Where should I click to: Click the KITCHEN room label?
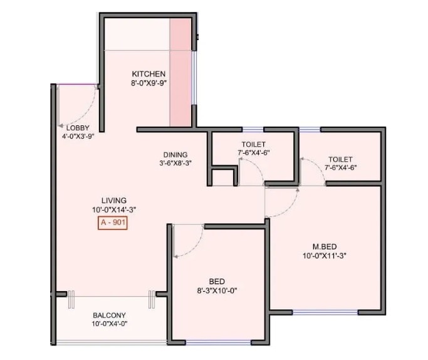(x=149, y=73)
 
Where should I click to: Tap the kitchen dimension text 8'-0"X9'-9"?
(x=149, y=82)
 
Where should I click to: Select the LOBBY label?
(x=78, y=127)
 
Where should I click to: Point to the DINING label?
(x=175, y=154)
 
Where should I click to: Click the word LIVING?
(x=112, y=201)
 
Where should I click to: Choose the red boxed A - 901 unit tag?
(x=112, y=223)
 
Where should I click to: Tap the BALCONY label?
(x=110, y=315)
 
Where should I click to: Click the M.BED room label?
(x=325, y=246)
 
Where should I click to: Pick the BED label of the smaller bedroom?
(x=217, y=281)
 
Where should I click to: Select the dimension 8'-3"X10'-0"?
(x=217, y=290)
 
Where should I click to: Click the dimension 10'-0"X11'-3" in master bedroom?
(x=325, y=255)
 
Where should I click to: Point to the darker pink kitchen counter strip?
(x=180, y=72)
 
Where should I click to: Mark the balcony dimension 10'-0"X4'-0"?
(x=110, y=324)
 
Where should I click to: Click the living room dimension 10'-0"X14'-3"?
(x=112, y=210)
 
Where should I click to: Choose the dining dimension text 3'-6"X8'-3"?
(x=175, y=163)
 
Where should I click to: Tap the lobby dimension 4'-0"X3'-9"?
(x=78, y=135)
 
